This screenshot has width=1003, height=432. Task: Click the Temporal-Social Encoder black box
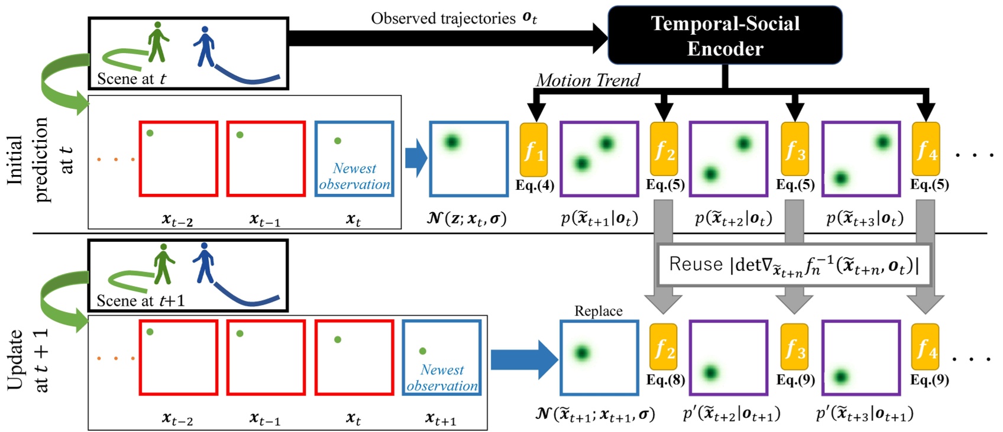point(724,35)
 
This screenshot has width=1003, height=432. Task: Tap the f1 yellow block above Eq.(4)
point(533,150)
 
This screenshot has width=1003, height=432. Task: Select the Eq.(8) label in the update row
point(665,379)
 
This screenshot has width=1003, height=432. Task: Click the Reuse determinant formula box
point(794,264)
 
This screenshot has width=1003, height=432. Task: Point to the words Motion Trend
point(587,80)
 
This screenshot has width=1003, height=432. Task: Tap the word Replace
point(598,311)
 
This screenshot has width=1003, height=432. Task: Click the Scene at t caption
point(131,79)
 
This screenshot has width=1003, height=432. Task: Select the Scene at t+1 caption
point(140,301)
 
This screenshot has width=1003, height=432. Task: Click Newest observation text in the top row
point(354,176)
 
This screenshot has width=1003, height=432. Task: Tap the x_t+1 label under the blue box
point(441,419)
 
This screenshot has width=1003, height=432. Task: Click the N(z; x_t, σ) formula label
point(467,218)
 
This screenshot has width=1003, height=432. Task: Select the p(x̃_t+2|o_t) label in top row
point(733,218)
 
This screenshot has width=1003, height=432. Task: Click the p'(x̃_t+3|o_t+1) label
point(864,414)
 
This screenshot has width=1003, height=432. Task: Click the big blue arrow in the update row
point(523,359)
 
